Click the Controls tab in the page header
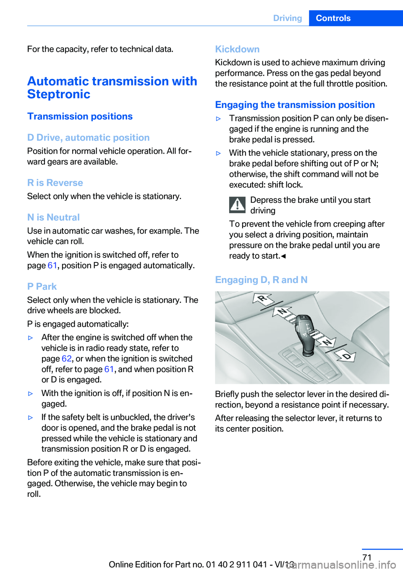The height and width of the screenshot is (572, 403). [x=333, y=18]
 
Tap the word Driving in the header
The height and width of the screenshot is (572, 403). [x=288, y=18]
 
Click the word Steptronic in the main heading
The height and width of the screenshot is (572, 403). [x=59, y=94]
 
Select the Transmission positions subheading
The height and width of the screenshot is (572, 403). [x=80, y=116]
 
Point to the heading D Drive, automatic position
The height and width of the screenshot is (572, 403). [x=88, y=138]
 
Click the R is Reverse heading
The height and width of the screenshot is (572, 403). [x=55, y=183]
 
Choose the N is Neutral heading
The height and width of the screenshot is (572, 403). [x=53, y=217]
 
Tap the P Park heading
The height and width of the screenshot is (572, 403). [x=42, y=286]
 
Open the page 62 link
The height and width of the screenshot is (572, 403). [x=67, y=359]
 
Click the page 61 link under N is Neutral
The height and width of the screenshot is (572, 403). [x=52, y=265]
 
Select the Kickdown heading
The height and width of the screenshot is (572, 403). [x=237, y=49]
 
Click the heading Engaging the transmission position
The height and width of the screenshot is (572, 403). [x=295, y=105]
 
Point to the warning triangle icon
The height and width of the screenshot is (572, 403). [x=238, y=205]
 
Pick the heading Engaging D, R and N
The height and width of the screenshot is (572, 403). [x=261, y=280]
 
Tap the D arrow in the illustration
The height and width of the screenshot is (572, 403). [x=345, y=356]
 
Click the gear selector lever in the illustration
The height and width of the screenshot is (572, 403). [x=304, y=332]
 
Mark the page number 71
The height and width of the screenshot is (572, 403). [x=367, y=557]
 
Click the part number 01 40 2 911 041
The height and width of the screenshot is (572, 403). [x=236, y=564]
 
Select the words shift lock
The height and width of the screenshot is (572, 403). [x=285, y=185]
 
